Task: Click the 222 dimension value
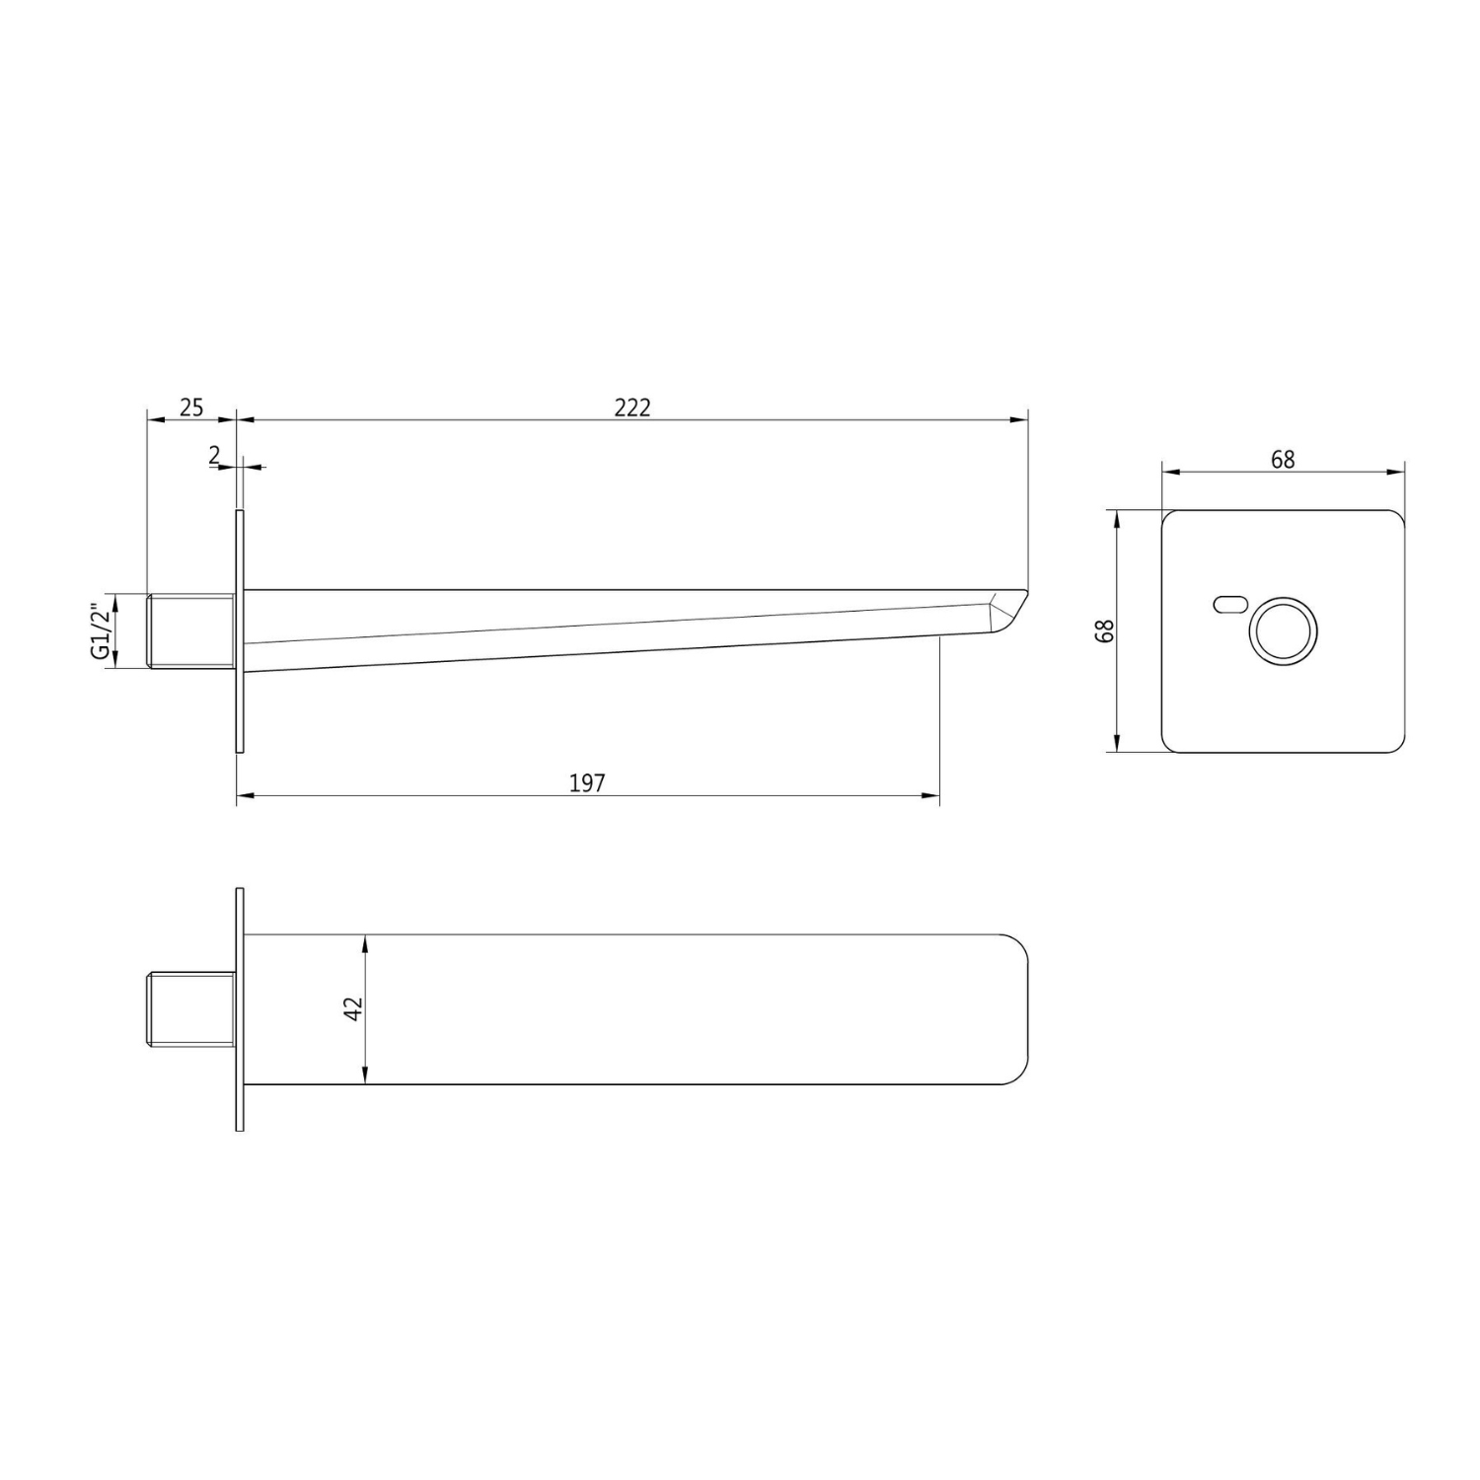click(x=632, y=407)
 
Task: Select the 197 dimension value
click(x=587, y=782)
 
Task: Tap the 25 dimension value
click(x=191, y=407)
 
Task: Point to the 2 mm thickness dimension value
click(x=215, y=455)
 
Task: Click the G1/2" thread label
click(x=100, y=631)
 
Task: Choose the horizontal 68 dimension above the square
click(x=1283, y=459)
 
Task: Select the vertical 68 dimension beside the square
click(x=1106, y=631)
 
